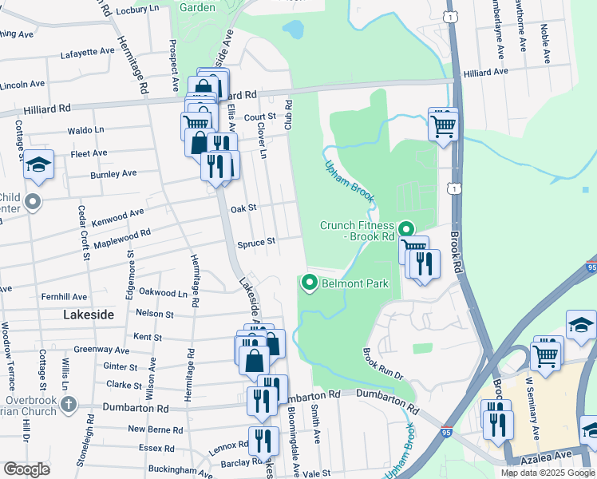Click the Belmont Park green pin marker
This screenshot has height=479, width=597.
click(x=309, y=283)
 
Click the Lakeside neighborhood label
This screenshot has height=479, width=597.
click(x=88, y=315)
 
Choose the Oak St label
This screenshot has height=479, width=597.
click(x=243, y=208)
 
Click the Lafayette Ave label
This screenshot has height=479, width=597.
click(x=88, y=52)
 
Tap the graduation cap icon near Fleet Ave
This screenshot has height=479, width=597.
click(x=38, y=164)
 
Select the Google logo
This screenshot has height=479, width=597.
click(x=27, y=469)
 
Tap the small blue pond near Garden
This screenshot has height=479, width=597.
click(x=294, y=30)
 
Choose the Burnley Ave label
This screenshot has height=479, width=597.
click(x=113, y=173)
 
